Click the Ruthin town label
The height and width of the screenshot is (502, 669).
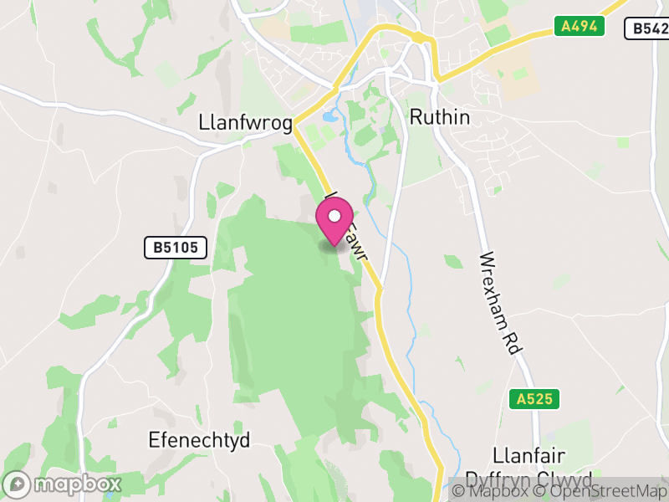coord(439,117)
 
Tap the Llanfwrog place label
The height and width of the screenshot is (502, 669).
coord(246,123)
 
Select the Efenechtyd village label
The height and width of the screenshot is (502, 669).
coord(198,440)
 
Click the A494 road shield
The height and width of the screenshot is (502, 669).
coord(579,26)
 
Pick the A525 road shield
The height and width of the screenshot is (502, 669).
coord(534,399)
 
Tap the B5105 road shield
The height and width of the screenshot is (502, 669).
coord(175,248)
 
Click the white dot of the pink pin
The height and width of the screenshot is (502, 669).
coord(334,217)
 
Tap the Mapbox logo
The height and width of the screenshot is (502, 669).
coord(64,484)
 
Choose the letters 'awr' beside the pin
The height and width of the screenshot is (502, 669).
coord(358,245)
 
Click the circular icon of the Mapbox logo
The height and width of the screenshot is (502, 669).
coord(18,484)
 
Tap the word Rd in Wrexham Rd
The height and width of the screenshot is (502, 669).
coord(511,341)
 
